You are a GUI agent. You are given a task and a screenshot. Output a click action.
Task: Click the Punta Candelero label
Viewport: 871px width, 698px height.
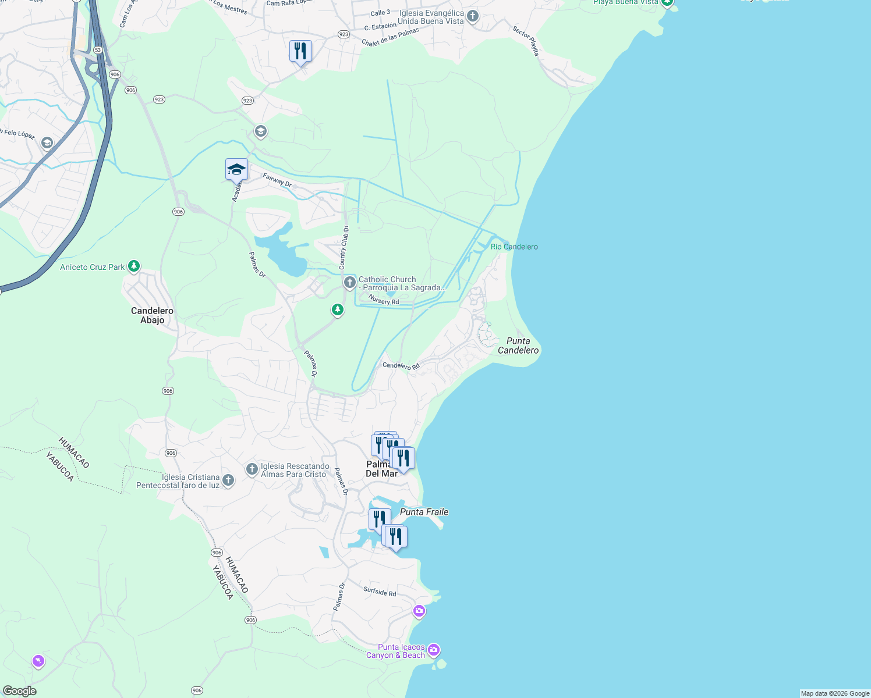click(x=518, y=346)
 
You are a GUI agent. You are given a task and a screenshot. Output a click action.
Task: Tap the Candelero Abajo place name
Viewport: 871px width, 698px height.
click(x=152, y=315)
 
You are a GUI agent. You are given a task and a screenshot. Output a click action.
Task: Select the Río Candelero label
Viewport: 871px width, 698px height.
click(x=514, y=247)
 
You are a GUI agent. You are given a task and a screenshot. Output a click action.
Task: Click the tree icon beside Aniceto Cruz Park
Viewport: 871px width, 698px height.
click(x=134, y=266)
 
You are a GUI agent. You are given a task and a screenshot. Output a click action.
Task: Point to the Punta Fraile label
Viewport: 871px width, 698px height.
click(x=424, y=512)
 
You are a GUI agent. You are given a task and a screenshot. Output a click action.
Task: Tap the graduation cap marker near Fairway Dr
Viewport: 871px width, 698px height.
click(x=236, y=169)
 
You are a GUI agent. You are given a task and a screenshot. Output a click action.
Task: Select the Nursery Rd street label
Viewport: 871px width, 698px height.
click(x=384, y=300)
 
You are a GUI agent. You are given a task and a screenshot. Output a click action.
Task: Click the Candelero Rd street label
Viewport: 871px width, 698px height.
click(x=401, y=365)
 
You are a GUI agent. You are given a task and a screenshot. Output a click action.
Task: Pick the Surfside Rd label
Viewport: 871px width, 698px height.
click(x=380, y=592)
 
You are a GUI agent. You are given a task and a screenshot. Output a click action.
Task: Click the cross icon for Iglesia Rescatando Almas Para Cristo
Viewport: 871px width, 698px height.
click(x=252, y=469)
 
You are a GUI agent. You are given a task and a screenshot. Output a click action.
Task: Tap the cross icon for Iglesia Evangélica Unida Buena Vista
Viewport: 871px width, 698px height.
click(x=473, y=16)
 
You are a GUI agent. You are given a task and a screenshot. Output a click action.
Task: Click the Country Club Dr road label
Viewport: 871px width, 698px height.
click(x=344, y=248)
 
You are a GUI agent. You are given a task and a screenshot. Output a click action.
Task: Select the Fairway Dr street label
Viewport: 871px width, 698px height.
click(x=277, y=180)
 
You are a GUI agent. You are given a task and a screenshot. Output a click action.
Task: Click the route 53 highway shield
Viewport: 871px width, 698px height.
click(x=98, y=50)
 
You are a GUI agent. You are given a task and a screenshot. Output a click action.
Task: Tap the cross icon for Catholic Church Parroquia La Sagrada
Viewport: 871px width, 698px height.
click(x=349, y=283)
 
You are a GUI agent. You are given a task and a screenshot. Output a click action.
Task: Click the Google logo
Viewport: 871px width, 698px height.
click(x=19, y=691)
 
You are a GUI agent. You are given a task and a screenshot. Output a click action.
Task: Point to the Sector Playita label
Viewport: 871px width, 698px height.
click(x=526, y=41)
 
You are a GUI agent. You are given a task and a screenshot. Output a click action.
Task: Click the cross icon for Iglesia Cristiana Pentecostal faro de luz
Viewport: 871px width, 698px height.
click(x=228, y=480)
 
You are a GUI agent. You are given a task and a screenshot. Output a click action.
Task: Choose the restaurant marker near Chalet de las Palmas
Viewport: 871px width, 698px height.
click(x=300, y=51)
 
